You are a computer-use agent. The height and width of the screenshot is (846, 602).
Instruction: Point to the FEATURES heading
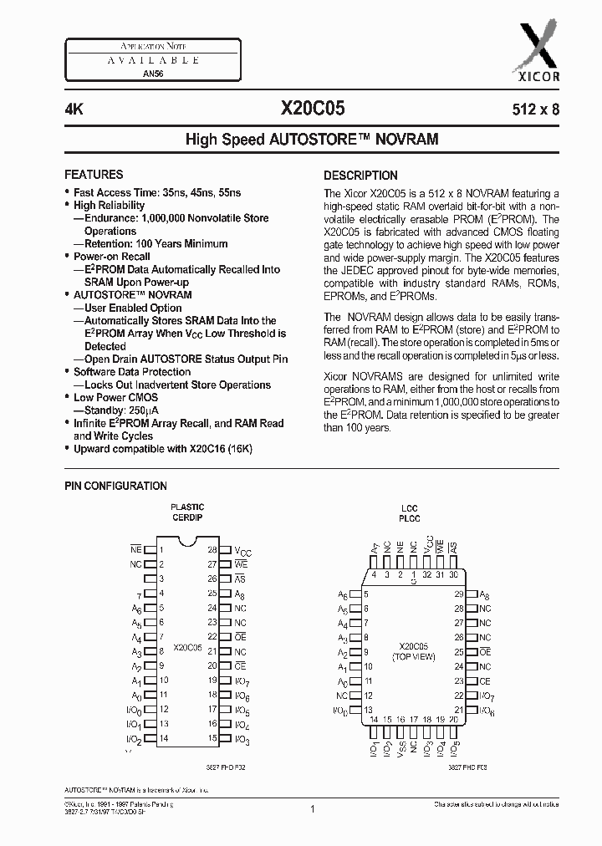[94, 175]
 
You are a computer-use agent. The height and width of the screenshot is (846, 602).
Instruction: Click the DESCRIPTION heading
[360, 176]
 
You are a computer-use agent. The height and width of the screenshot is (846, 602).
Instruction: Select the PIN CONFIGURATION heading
[115, 486]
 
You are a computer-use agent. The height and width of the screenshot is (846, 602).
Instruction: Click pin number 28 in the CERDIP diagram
[212, 550]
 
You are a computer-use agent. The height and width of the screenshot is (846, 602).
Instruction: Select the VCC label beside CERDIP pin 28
[242, 552]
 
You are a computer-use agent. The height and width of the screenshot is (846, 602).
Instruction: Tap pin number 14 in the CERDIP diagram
[164, 739]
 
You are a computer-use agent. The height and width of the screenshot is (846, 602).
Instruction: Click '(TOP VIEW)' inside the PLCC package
[413, 658]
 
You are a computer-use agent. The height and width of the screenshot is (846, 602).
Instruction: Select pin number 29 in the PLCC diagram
[458, 594]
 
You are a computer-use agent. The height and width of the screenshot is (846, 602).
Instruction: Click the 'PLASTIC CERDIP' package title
[187, 512]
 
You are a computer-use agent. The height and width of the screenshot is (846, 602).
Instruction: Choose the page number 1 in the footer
[311, 808]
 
